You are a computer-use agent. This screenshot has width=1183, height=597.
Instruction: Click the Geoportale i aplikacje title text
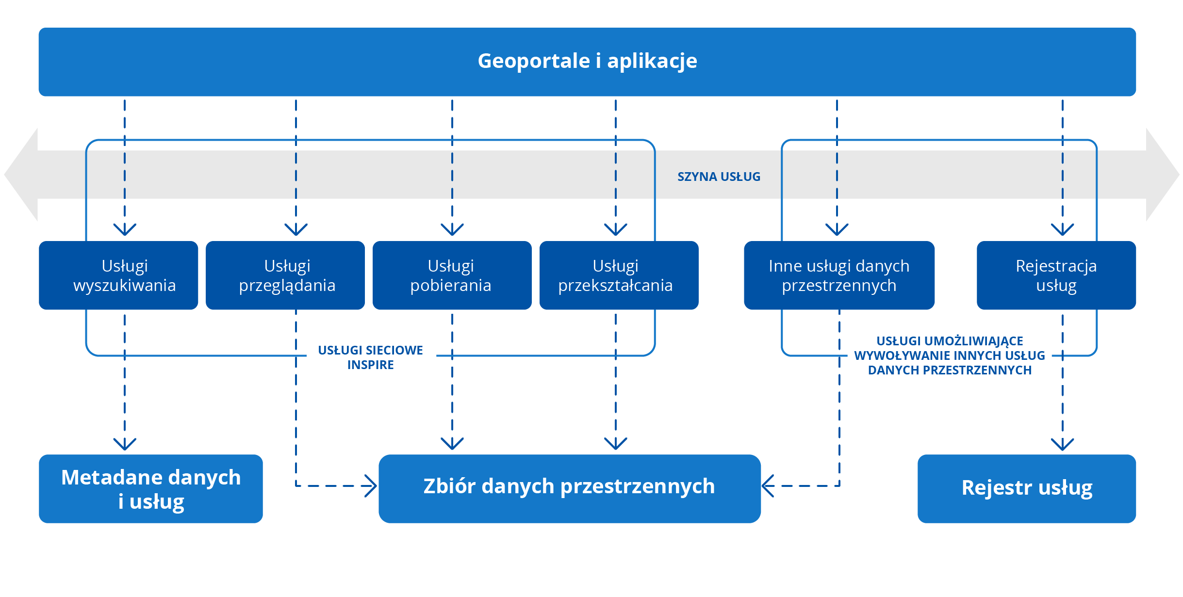(x=587, y=61)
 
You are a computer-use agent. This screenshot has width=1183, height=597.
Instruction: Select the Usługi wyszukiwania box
(x=118, y=275)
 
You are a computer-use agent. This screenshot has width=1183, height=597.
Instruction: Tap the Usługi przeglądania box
(x=285, y=275)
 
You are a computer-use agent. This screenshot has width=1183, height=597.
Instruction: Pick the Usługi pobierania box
(x=452, y=275)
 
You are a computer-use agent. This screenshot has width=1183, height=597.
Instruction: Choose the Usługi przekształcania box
(x=619, y=275)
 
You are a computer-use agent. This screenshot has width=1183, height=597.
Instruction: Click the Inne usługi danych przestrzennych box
(x=839, y=275)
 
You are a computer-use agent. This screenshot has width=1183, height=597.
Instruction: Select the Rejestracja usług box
(x=1056, y=275)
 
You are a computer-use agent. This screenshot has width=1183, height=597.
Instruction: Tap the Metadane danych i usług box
(x=151, y=489)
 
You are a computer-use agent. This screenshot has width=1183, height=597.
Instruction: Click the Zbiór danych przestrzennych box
(x=569, y=489)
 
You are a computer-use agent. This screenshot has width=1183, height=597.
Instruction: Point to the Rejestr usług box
(x=1026, y=489)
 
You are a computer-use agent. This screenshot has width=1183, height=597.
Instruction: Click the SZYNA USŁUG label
(x=719, y=177)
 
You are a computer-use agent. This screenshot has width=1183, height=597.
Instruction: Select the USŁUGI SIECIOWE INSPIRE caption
(x=370, y=357)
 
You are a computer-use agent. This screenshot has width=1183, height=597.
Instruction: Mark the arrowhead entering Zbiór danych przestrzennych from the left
(x=371, y=486)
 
